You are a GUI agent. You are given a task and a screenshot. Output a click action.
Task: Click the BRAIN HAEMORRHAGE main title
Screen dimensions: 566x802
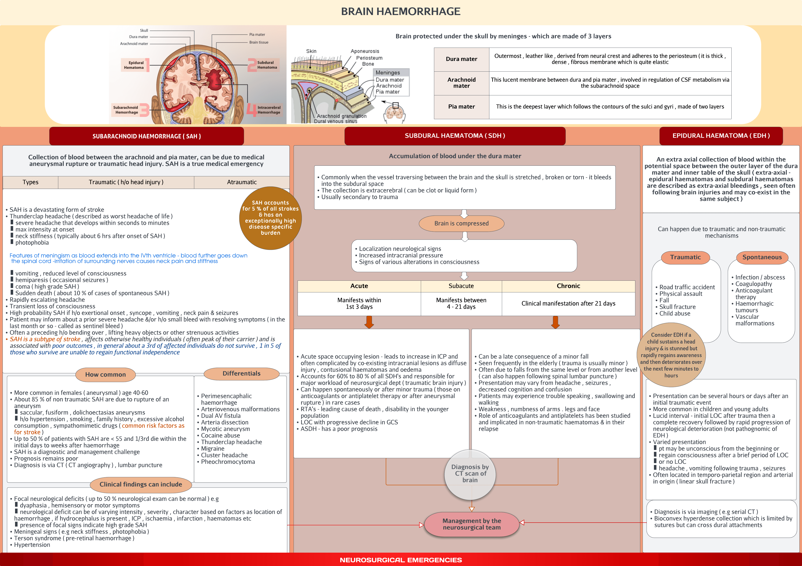pyautogui.click(x=401, y=11)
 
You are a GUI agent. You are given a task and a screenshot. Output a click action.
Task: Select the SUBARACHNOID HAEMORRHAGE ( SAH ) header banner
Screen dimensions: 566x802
pyautogui.click(x=146, y=136)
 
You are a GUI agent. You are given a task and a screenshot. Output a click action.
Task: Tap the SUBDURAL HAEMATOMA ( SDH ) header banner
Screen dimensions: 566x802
pyautogui.click(x=455, y=136)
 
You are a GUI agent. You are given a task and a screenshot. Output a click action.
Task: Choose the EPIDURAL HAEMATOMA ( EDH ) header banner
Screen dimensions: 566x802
pyautogui.click(x=721, y=136)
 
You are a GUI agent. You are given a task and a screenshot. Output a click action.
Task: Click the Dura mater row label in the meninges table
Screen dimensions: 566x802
pyautogui.click(x=461, y=59)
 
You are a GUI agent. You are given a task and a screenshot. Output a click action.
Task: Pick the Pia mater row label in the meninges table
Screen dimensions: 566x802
pyautogui.click(x=461, y=106)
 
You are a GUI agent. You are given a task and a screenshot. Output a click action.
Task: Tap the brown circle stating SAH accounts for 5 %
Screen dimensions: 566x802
pyautogui.click(x=270, y=218)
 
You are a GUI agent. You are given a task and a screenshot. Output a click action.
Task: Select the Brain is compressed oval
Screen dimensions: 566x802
pyautogui.click(x=461, y=223)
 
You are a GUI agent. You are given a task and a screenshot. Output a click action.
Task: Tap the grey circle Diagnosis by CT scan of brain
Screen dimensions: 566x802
pyautogui.click(x=470, y=474)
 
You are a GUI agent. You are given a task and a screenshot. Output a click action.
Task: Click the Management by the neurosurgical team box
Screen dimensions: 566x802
pyautogui.click(x=472, y=524)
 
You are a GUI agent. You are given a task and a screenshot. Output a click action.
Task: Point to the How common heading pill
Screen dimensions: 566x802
pyautogui.click(x=105, y=374)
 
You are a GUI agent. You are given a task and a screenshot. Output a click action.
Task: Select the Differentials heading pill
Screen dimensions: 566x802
pyautogui.click(x=241, y=373)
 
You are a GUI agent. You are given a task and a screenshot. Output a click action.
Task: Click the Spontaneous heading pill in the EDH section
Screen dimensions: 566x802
pyautogui.click(x=762, y=257)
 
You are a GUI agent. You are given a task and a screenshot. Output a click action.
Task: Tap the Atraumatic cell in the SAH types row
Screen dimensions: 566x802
pyautogui.click(x=242, y=182)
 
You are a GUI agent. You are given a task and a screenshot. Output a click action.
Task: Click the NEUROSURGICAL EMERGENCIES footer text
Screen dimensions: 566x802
pyautogui.click(x=401, y=560)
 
